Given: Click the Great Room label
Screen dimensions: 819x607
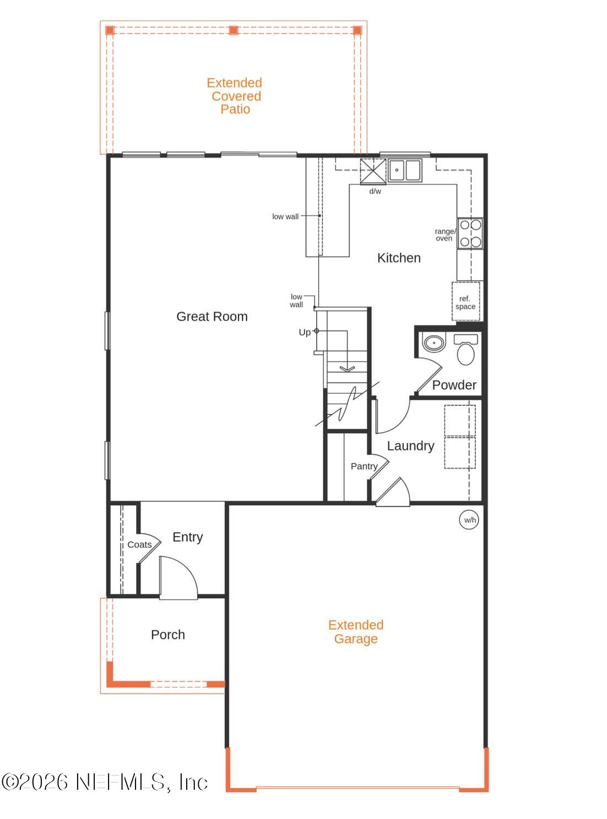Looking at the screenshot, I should [x=212, y=316].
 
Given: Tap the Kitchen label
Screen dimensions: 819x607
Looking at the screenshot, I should [x=399, y=258].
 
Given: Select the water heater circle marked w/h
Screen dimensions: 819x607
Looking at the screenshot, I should [x=469, y=520].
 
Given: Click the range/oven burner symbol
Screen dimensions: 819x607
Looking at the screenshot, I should [x=470, y=233].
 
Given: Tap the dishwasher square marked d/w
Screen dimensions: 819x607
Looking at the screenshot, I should [x=373, y=171].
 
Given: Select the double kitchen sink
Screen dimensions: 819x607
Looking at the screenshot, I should [x=404, y=170].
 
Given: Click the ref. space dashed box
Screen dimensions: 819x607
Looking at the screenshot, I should [x=466, y=302].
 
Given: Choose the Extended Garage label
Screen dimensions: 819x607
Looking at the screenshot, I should [x=356, y=632].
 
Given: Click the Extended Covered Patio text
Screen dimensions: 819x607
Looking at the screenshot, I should [x=235, y=96].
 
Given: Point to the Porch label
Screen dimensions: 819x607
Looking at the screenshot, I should [x=168, y=635].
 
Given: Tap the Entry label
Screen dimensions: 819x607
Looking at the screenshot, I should [x=188, y=537].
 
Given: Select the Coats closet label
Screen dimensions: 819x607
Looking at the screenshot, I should [x=139, y=544].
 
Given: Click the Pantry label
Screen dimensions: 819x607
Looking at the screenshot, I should [x=364, y=466].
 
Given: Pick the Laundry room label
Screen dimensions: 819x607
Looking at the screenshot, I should [x=410, y=446].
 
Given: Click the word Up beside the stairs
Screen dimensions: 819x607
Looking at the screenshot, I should [x=305, y=332].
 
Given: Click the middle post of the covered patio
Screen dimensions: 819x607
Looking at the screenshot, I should [x=234, y=30].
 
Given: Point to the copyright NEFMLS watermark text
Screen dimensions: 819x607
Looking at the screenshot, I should [x=105, y=782].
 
